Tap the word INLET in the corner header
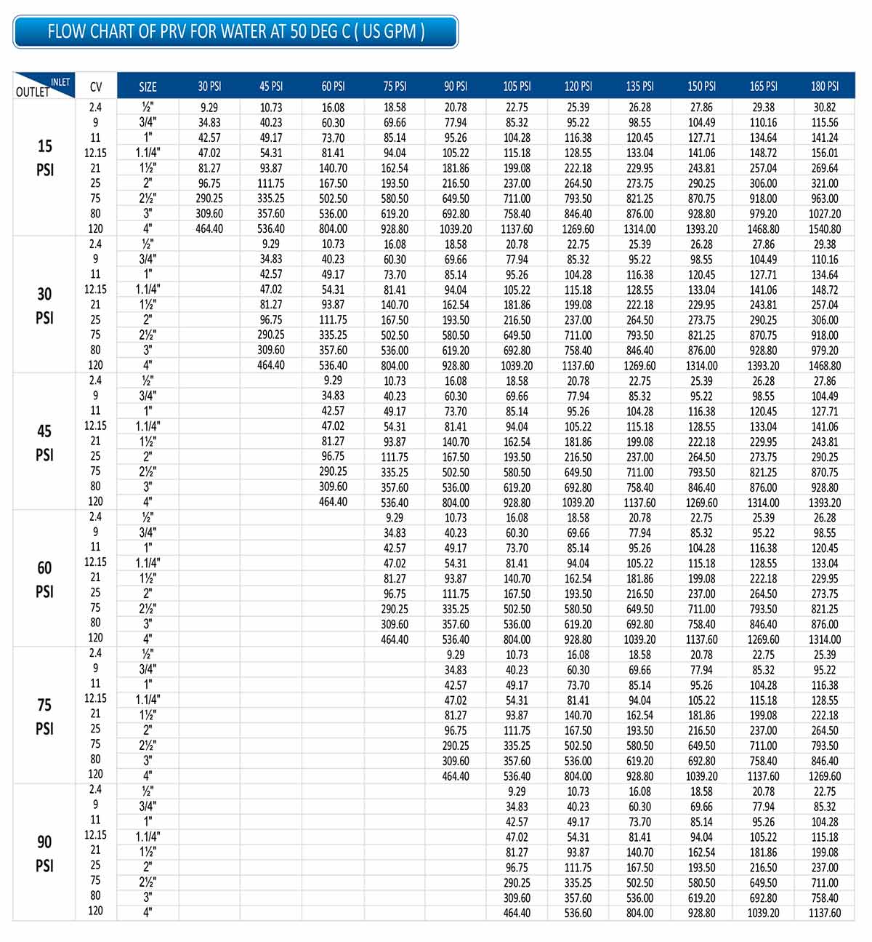click(x=60, y=81)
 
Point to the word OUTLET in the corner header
click(x=33, y=92)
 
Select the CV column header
click(x=96, y=87)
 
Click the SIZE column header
click(x=148, y=87)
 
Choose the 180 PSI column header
click(x=825, y=87)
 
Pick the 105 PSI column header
click(x=517, y=87)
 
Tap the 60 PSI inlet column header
click(x=333, y=87)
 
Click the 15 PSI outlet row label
click(x=45, y=158)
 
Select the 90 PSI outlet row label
click(x=44, y=853)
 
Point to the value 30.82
click(x=825, y=107)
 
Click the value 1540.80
click(x=825, y=229)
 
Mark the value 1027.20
click(x=825, y=214)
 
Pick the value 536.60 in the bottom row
click(x=578, y=913)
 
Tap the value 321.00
click(x=825, y=183)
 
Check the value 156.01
click(x=825, y=153)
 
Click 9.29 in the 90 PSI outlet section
click(x=517, y=791)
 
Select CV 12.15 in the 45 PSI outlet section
click(x=95, y=426)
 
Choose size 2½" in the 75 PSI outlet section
click(x=148, y=745)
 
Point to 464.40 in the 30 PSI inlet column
click(x=209, y=229)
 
